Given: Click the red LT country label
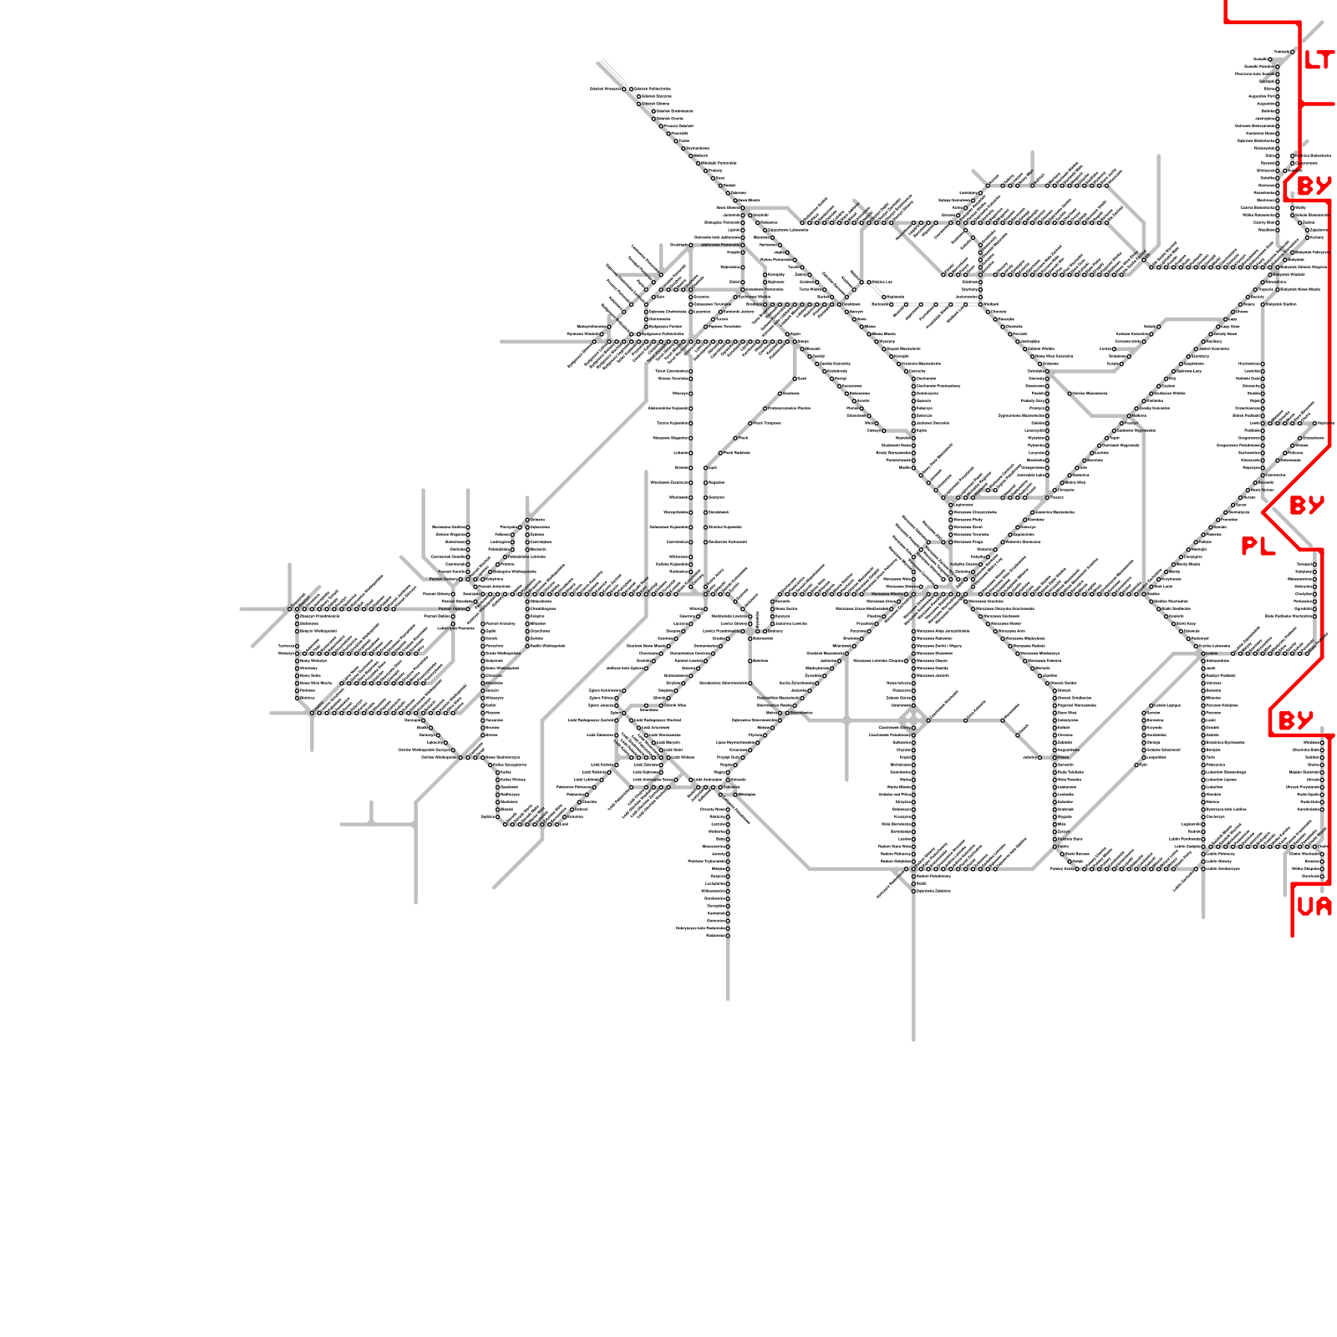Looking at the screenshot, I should pyautogui.click(x=1319, y=60).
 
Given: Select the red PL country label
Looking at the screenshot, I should pyautogui.click(x=1258, y=546).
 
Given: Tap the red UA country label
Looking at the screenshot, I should pyautogui.click(x=1314, y=906).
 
